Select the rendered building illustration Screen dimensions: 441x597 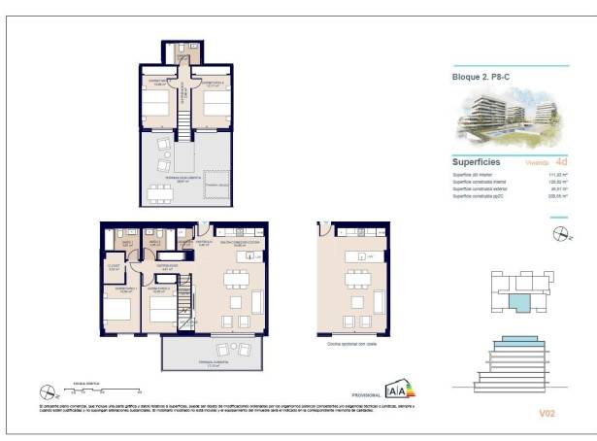click(x=501, y=118)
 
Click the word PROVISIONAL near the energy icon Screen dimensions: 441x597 click(x=366, y=393)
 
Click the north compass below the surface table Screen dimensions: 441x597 click(x=561, y=232)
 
